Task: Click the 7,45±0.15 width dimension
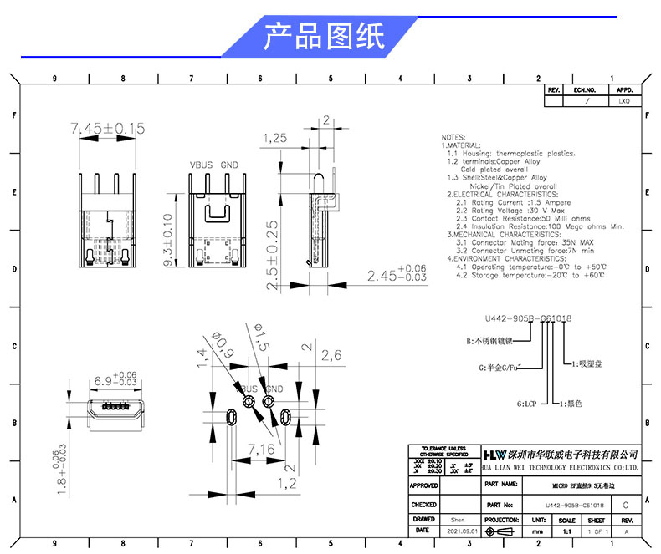108,128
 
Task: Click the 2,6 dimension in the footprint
331,354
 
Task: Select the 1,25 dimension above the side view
274,138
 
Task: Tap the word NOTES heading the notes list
453,137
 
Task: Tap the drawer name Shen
457,519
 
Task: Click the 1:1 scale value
566,531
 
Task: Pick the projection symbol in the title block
502,531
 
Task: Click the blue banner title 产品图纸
324,37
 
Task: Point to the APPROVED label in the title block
424,485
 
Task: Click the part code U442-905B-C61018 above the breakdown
528,318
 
